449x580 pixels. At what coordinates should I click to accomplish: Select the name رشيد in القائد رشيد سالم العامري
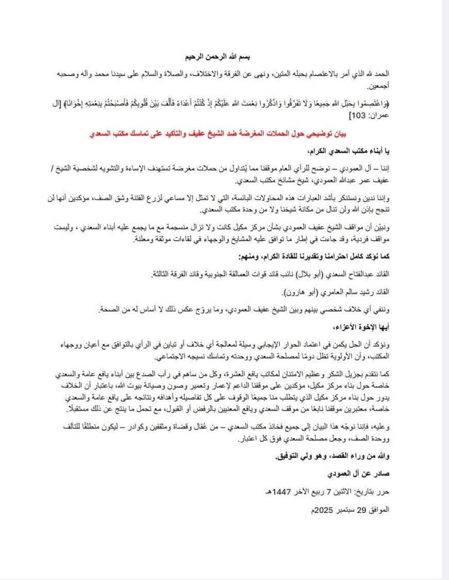(363, 292)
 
